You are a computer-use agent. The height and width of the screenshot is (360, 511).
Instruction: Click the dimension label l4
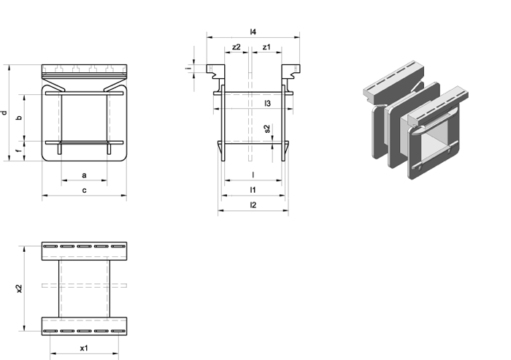pyautogui.click(x=253, y=31)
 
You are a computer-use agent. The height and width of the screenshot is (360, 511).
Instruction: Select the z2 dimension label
pyautogui.click(x=237, y=47)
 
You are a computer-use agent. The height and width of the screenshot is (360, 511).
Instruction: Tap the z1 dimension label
pyautogui.click(x=266, y=47)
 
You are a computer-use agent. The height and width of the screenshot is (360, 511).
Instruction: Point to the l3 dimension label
pyautogui.click(x=268, y=104)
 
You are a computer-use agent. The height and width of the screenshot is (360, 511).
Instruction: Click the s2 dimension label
pyautogui.click(x=267, y=129)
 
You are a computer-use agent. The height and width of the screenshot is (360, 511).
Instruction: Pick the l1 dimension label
pyautogui.click(x=253, y=190)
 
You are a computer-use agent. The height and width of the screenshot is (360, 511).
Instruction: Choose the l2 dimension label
pyautogui.click(x=253, y=204)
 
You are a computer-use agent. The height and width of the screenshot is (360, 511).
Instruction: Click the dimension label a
pyautogui.click(x=84, y=175)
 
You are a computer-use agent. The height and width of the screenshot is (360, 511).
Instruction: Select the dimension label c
pyautogui.click(x=84, y=191)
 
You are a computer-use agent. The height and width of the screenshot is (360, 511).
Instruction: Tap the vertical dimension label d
pyautogui.click(x=4, y=113)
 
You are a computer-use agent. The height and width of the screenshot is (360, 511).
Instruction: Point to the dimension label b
pyautogui.click(x=20, y=118)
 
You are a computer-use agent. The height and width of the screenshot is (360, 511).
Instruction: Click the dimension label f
pyautogui.click(x=20, y=150)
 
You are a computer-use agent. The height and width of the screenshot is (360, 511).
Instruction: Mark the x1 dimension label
pyautogui.click(x=84, y=348)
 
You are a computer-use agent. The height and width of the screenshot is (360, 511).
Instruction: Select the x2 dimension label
pyautogui.click(x=20, y=288)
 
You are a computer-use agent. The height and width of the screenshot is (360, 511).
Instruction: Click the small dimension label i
pyautogui.click(x=188, y=69)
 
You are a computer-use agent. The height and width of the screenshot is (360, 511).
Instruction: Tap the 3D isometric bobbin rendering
pyautogui.click(x=416, y=120)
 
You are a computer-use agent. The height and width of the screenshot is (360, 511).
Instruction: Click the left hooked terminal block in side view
pyautogui.click(x=216, y=72)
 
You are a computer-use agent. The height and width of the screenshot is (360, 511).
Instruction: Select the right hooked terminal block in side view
pyautogui.click(x=291, y=72)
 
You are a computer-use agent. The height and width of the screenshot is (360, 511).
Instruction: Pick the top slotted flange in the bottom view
pyautogui.click(x=84, y=251)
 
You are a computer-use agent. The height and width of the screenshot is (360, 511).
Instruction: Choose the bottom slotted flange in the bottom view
pyautogui.click(x=84, y=326)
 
